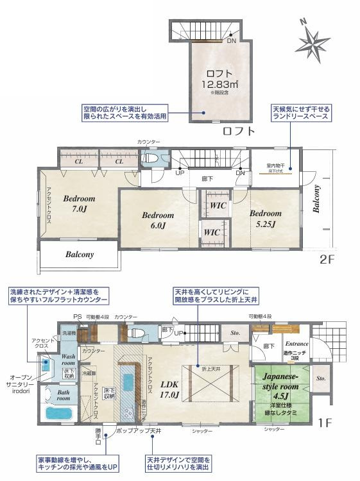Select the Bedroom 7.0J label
(x=79, y=204)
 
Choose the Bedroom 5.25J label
(x=265, y=218)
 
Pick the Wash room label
(x=69, y=359)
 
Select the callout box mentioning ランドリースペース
(x=300, y=114)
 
